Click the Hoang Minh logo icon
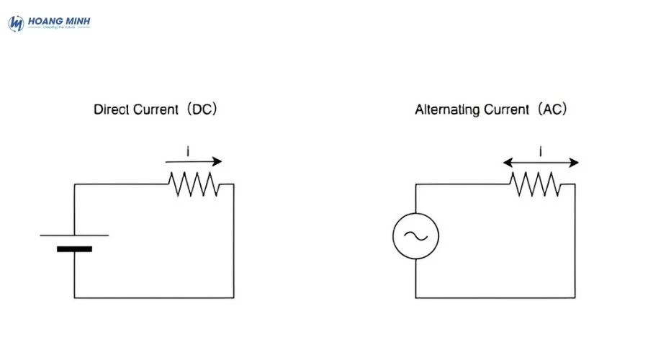pos(16,23)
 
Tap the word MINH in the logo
pos(75,22)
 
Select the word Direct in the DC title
pos(109,110)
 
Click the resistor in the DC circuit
pos(194,184)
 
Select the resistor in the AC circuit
pos(536,184)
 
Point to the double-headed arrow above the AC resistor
pos(541,163)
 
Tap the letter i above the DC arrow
pos(188,151)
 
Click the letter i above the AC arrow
pos(541,151)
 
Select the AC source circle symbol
pos(415,235)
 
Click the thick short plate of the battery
pos(74,249)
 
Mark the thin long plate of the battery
pos(74,235)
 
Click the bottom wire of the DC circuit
pos(153,297)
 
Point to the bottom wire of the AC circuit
pos(495,297)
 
